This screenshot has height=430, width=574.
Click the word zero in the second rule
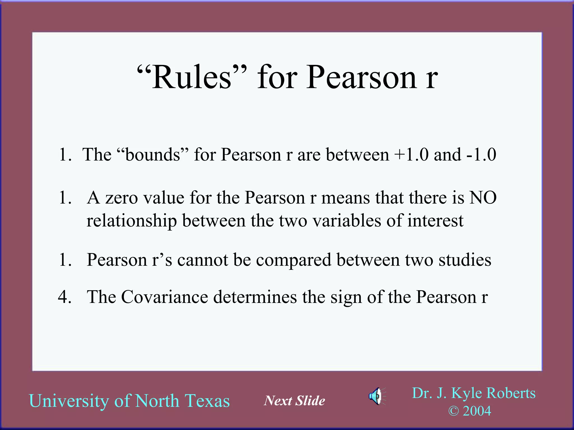coord(121,198)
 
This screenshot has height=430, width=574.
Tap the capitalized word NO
coord(483,198)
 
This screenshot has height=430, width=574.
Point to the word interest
coord(435,221)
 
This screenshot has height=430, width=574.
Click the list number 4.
coord(64,297)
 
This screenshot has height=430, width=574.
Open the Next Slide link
coord(294,401)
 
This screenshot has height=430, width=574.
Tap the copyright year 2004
coord(477,411)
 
